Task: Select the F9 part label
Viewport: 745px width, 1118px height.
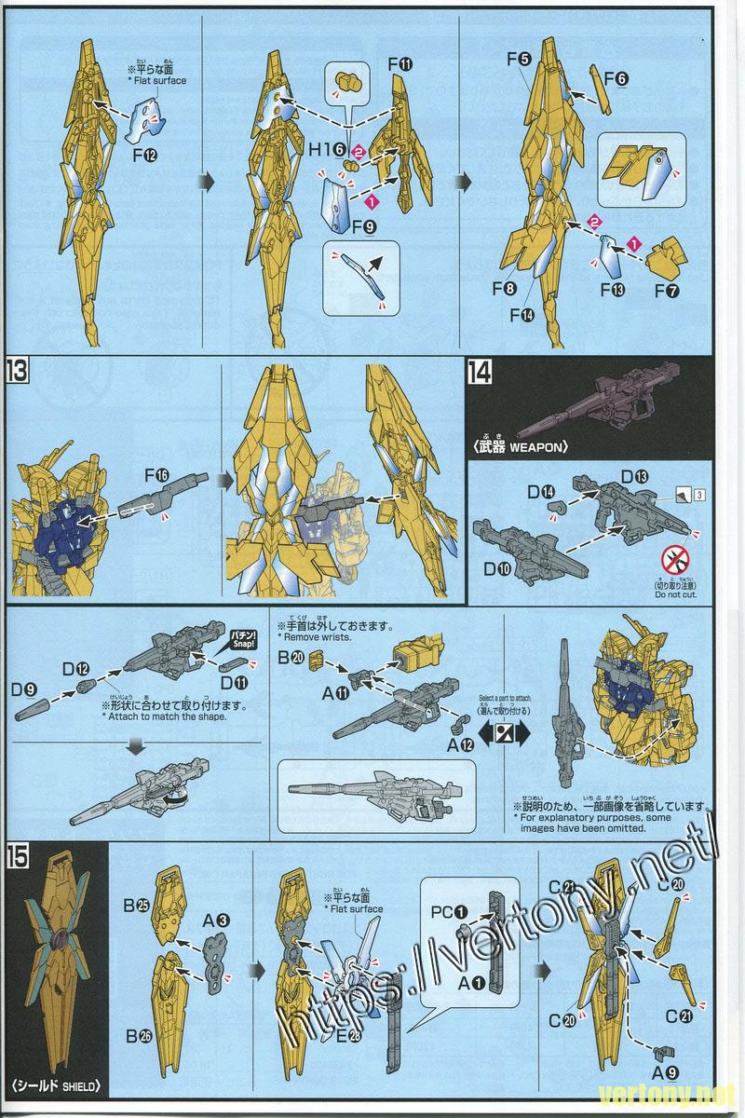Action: [363, 225]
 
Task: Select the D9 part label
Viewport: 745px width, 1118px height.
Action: [25, 689]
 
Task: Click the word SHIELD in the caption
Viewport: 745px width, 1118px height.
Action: [77, 1085]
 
